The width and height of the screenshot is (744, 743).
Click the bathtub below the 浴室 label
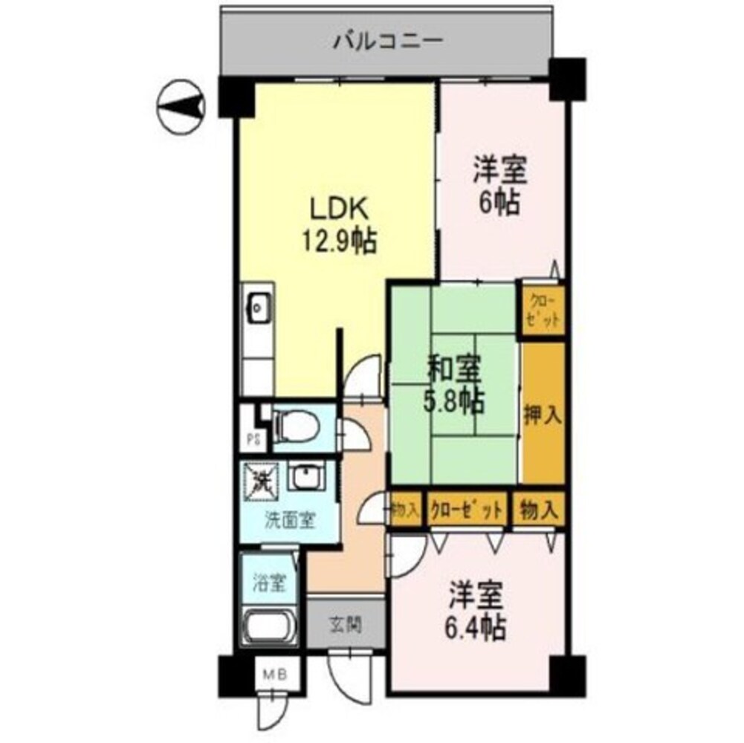pyautogui.click(x=269, y=628)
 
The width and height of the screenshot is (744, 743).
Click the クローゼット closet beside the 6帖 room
pyautogui.click(x=543, y=310)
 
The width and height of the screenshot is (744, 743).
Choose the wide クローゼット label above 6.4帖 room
pyautogui.click(x=466, y=510)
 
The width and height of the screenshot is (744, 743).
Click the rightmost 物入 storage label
pyautogui.click(x=540, y=510)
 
